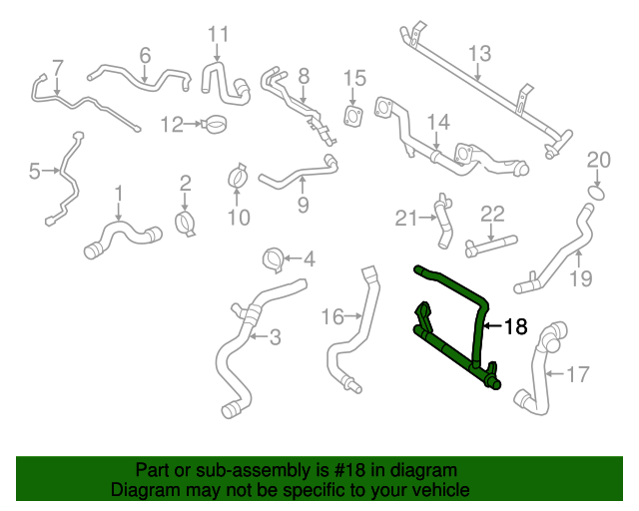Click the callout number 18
pyautogui.click(x=513, y=326)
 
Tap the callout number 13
pyautogui.click(x=479, y=52)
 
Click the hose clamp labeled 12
pyautogui.click(x=211, y=125)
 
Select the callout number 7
pyautogui.click(x=57, y=68)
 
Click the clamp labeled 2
pyautogui.click(x=186, y=223)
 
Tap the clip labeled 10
pyautogui.click(x=238, y=177)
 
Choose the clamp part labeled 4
pyautogui.click(x=273, y=261)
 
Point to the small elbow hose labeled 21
pyautogui.click(x=440, y=225)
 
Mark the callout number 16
pyautogui.click(x=331, y=316)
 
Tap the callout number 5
pyautogui.click(x=36, y=172)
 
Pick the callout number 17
pyautogui.click(x=578, y=375)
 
